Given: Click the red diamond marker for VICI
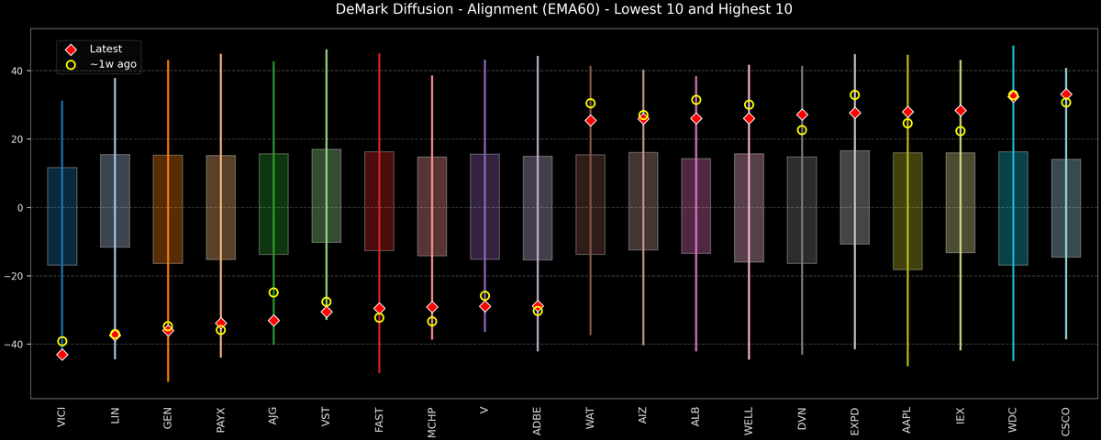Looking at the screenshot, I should click(62, 355).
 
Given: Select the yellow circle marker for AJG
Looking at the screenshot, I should click(273, 292).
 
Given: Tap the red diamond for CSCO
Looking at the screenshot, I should click(1066, 94).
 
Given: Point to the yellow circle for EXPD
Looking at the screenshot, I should click(854, 95).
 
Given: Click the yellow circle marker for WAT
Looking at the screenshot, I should click(590, 104).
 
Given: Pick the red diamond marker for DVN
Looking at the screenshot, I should click(802, 115).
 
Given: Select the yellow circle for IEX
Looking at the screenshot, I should click(961, 131).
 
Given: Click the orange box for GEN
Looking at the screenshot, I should click(168, 209).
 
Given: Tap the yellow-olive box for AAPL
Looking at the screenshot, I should click(907, 211).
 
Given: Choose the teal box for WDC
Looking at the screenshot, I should click(1013, 208).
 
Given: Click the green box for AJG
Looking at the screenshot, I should click(273, 203).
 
